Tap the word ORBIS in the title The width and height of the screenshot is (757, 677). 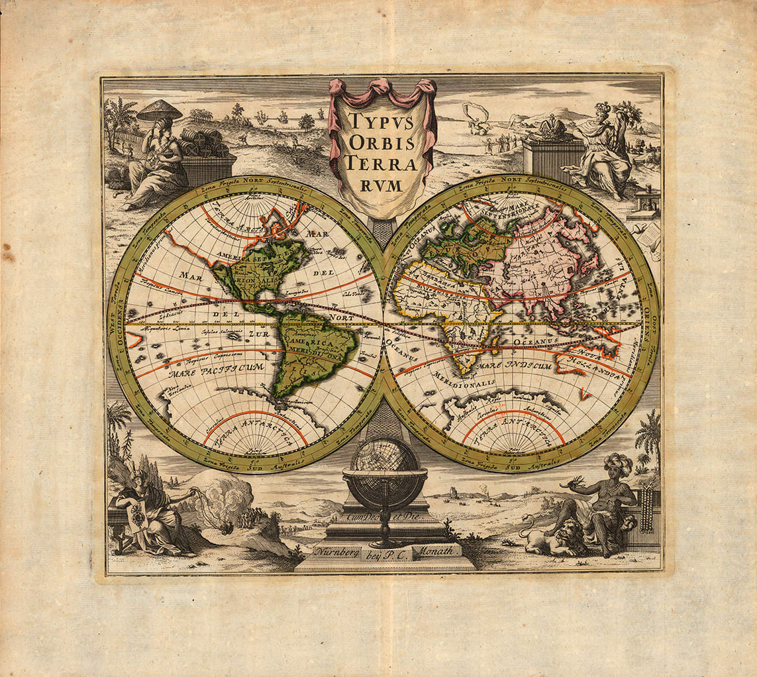(382, 143)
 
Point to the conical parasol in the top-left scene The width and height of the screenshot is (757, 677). (159, 110)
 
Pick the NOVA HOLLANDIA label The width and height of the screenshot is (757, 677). (595, 360)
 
